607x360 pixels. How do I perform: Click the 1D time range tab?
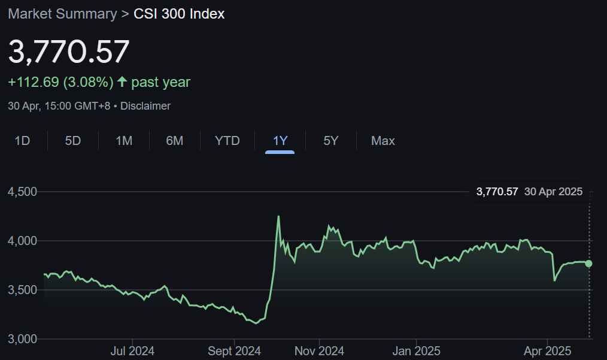(22, 141)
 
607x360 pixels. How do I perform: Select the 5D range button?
(72, 141)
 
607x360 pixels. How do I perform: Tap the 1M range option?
(124, 141)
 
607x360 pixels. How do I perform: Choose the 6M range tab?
(174, 141)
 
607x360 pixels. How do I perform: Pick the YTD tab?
(227, 141)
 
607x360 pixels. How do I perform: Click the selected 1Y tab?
(280, 141)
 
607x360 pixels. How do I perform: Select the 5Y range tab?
(330, 141)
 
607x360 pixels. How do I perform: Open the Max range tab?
(383, 141)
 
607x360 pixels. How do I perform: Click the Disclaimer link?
(145, 106)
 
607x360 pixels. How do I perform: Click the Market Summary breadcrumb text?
(62, 14)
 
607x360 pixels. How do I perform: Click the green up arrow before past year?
(122, 81)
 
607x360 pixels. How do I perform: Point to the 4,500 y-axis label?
(22, 192)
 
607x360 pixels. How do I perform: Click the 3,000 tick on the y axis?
(22, 339)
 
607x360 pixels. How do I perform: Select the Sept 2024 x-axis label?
(234, 351)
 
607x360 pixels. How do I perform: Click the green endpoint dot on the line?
(589, 264)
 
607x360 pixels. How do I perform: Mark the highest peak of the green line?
(278, 216)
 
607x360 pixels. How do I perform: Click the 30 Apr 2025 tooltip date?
(553, 192)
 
